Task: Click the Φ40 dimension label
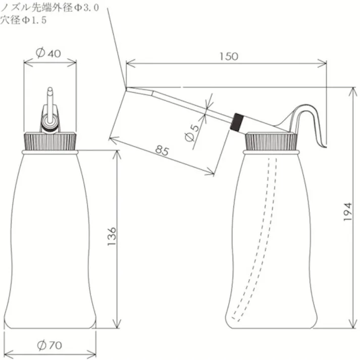50,52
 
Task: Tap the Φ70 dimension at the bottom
49,345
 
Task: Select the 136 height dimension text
112,237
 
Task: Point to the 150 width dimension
229,56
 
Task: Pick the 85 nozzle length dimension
161,150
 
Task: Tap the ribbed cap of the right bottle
270,141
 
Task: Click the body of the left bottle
50,237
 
